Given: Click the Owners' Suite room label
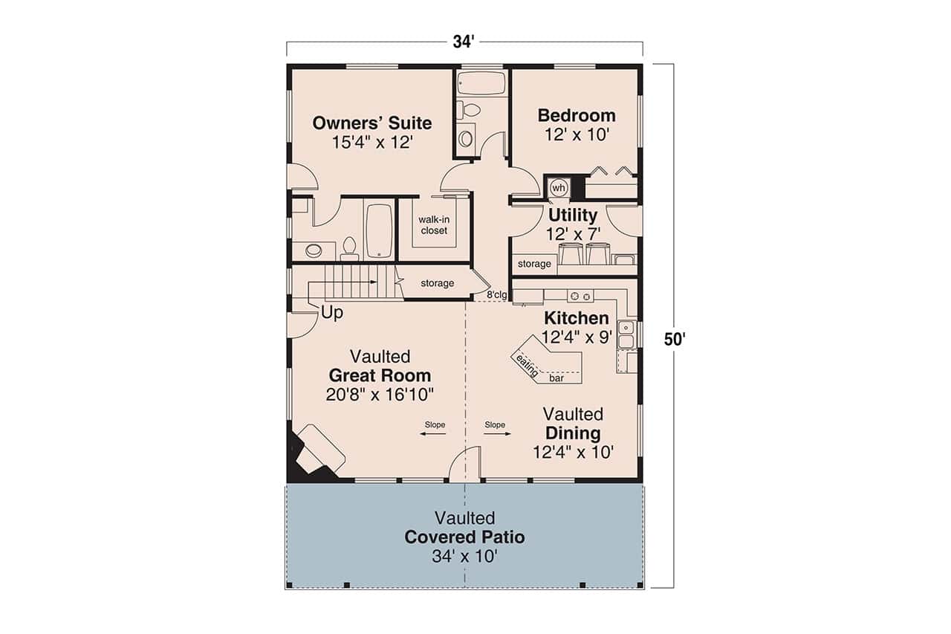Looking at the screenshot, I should click(x=371, y=123).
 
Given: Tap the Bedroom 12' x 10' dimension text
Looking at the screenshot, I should click(x=576, y=135).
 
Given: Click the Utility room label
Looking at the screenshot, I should click(x=573, y=216).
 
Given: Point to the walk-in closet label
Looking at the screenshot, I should click(x=433, y=225).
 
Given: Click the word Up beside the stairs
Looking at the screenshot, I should click(x=332, y=314).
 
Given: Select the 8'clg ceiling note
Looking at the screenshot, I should click(x=496, y=295).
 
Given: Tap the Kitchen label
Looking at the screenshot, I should click(x=576, y=318).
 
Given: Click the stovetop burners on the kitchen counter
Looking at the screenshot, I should click(x=580, y=296).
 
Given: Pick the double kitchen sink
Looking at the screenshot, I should click(x=626, y=334).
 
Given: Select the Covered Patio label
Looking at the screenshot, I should click(x=464, y=537).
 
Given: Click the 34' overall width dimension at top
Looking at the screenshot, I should click(x=464, y=42).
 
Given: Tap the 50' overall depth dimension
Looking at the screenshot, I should click(x=674, y=340).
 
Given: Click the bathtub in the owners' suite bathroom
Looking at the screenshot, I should click(x=378, y=230).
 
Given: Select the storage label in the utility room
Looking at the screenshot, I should click(x=534, y=264).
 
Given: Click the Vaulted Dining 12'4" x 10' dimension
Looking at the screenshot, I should click(x=573, y=451).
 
